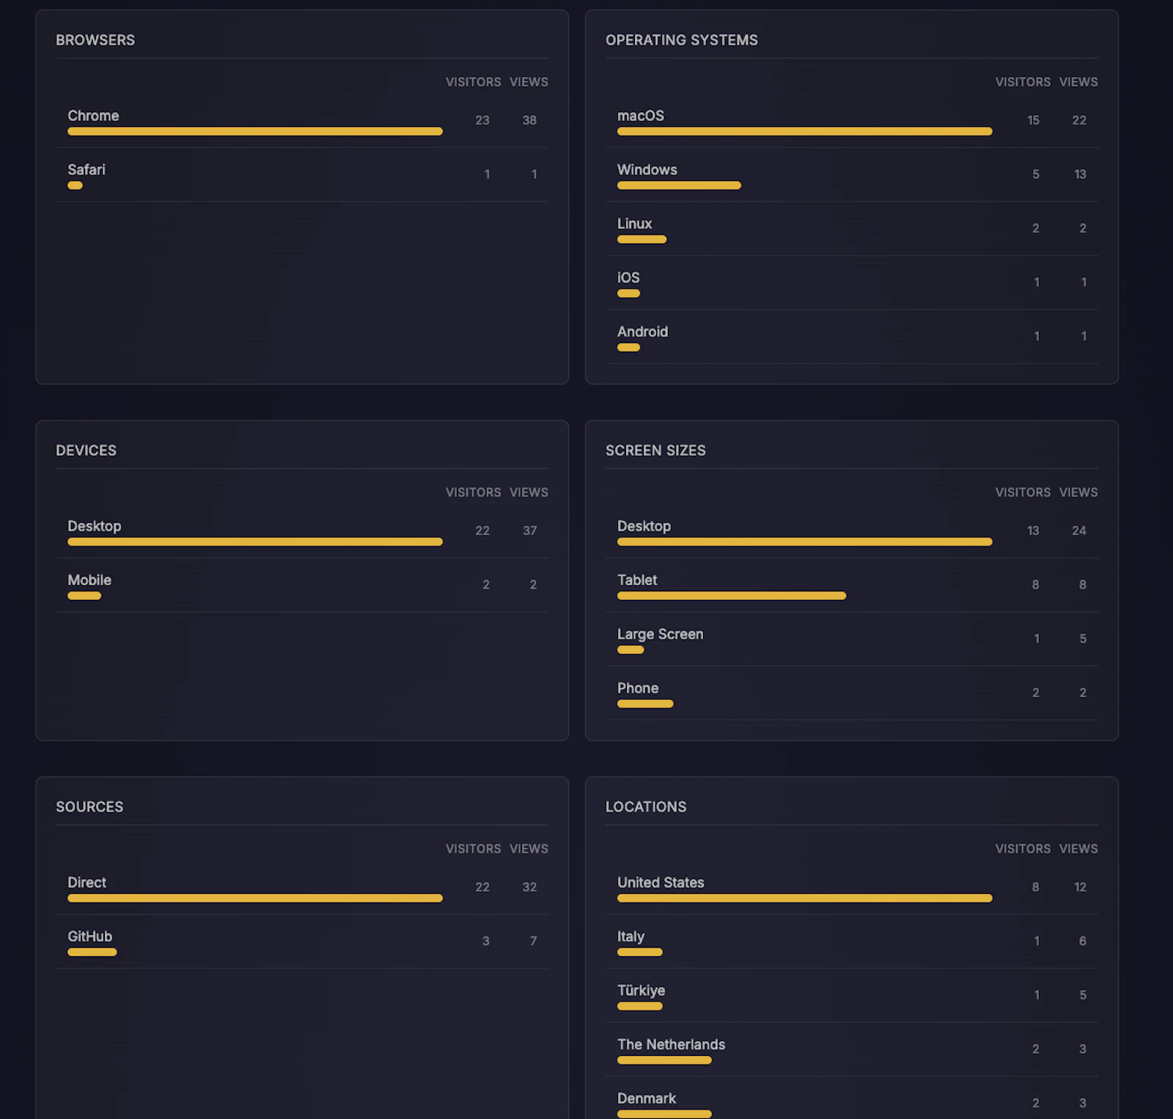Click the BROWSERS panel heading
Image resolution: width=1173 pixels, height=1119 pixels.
point(95,40)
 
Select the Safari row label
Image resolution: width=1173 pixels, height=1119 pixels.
point(87,169)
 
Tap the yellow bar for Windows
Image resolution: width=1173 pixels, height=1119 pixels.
point(679,186)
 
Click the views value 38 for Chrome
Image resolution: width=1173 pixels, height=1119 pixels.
point(529,120)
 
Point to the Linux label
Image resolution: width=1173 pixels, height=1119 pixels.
point(634,224)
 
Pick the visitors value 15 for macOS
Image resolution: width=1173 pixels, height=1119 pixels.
point(1033,120)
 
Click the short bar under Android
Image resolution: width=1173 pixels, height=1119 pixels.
point(628,348)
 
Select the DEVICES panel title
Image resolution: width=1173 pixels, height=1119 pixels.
point(86,450)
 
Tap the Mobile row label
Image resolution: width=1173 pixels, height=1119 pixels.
point(89,580)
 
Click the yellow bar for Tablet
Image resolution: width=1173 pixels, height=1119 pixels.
point(731,596)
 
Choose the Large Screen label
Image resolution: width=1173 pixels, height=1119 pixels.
point(660,634)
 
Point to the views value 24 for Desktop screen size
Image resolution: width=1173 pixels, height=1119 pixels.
point(1078,531)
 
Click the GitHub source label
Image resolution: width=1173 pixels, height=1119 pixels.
point(89,936)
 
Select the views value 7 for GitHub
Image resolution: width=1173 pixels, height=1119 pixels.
point(533,941)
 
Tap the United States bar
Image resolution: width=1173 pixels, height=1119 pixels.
point(804,898)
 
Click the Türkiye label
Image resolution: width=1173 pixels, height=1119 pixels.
point(641,991)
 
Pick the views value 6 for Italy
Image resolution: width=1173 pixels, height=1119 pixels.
point(1082,941)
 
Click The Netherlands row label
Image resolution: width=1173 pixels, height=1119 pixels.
point(671,1044)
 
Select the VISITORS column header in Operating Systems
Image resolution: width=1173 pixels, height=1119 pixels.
point(1022,82)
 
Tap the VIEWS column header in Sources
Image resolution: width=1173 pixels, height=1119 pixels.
point(529,848)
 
